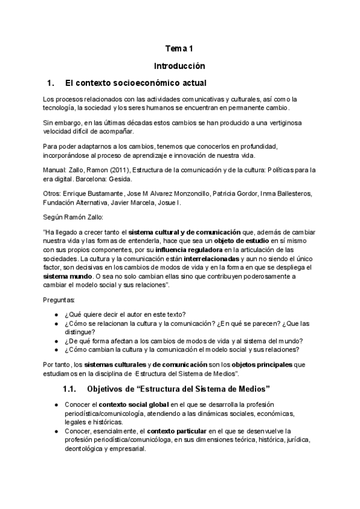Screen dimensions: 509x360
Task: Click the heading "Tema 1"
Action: [x=179, y=49]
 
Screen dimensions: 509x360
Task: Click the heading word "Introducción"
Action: [x=179, y=65]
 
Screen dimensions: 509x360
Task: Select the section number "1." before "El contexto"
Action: [x=50, y=82]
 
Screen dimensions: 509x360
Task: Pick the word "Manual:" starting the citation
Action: [x=56, y=170]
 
